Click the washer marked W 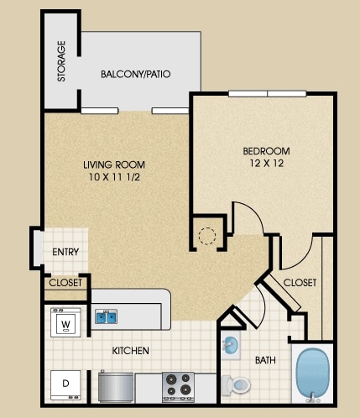(x=65, y=322)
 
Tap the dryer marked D (x=65, y=385)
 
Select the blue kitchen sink (x=106, y=316)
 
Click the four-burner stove (x=179, y=387)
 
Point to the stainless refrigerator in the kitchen (x=116, y=387)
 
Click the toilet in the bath (x=236, y=385)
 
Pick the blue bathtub (x=312, y=374)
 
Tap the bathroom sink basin (x=230, y=345)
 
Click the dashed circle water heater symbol (x=207, y=236)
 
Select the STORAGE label (x=61, y=61)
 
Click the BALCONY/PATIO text (x=136, y=74)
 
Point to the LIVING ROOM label (x=114, y=165)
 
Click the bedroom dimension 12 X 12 (x=267, y=163)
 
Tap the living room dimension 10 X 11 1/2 (x=114, y=177)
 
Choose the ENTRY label (x=65, y=252)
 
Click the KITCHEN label (x=131, y=351)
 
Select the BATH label (x=265, y=360)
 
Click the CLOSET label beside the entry (x=65, y=283)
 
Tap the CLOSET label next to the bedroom (x=300, y=283)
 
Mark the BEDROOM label (x=267, y=151)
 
